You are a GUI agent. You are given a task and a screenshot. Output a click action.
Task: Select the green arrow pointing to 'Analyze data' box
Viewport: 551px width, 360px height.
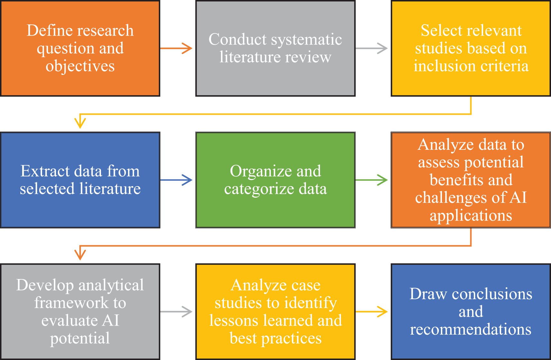pyautogui.click(x=372, y=180)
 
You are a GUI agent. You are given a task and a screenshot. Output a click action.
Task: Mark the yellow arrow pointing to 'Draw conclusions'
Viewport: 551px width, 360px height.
pyautogui.click(x=372, y=311)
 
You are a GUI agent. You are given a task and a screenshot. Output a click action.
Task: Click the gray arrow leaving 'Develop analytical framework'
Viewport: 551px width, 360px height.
pyautogui.click(x=176, y=311)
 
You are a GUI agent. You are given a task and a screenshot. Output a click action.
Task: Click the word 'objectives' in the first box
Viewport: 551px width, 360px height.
pyautogui.click(x=80, y=66)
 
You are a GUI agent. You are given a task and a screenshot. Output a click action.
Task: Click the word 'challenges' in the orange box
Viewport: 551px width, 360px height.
pyautogui.click(x=457, y=198)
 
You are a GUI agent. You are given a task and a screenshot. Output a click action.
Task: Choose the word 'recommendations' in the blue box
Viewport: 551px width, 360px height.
pyautogui.click(x=471, y=329)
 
